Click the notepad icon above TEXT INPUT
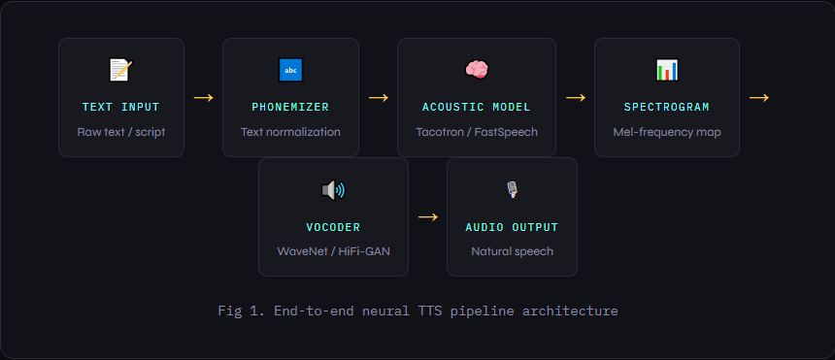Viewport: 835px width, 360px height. (120, 70)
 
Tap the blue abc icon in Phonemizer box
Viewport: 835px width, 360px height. (290, 70)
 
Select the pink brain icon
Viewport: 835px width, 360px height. (476, 70)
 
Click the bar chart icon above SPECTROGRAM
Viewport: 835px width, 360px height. (667, 70)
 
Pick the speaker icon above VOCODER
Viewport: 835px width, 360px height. (333, 190)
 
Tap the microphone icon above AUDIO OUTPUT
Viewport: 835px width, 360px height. (512, 190)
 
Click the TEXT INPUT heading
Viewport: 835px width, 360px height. (120, 107)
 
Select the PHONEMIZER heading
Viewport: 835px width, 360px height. (290, 107)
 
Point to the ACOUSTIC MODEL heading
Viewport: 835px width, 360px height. (476, 107)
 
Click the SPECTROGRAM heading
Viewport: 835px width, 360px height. (667, 107)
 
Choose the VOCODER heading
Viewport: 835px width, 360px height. (333, 227)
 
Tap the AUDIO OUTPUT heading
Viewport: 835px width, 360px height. (512, 227)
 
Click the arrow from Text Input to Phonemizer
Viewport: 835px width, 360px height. (203, 97)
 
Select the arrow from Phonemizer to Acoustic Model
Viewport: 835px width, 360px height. (378, 97)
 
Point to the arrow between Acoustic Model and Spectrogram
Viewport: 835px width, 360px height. (575, 97)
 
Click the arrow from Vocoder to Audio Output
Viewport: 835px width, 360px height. (427, 216)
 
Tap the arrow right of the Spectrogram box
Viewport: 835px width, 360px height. (758, 97)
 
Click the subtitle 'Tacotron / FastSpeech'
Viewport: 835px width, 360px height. (476, 132)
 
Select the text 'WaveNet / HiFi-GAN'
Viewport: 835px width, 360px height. (333, 251)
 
